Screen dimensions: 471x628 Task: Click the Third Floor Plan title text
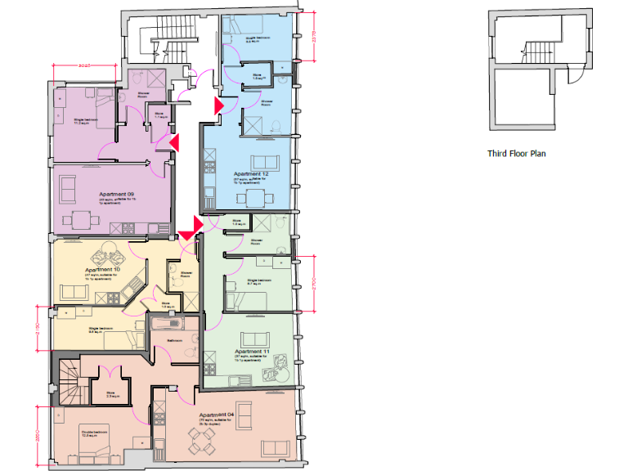coord(517,153)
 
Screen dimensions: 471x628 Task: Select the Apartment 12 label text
coord(251,174)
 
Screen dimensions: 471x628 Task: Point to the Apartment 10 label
coord(105,269)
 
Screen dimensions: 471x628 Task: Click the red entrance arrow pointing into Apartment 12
coord(218,105)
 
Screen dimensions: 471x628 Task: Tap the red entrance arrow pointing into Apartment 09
coord(173,143)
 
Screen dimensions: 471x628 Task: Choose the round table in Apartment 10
coord(109,252)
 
